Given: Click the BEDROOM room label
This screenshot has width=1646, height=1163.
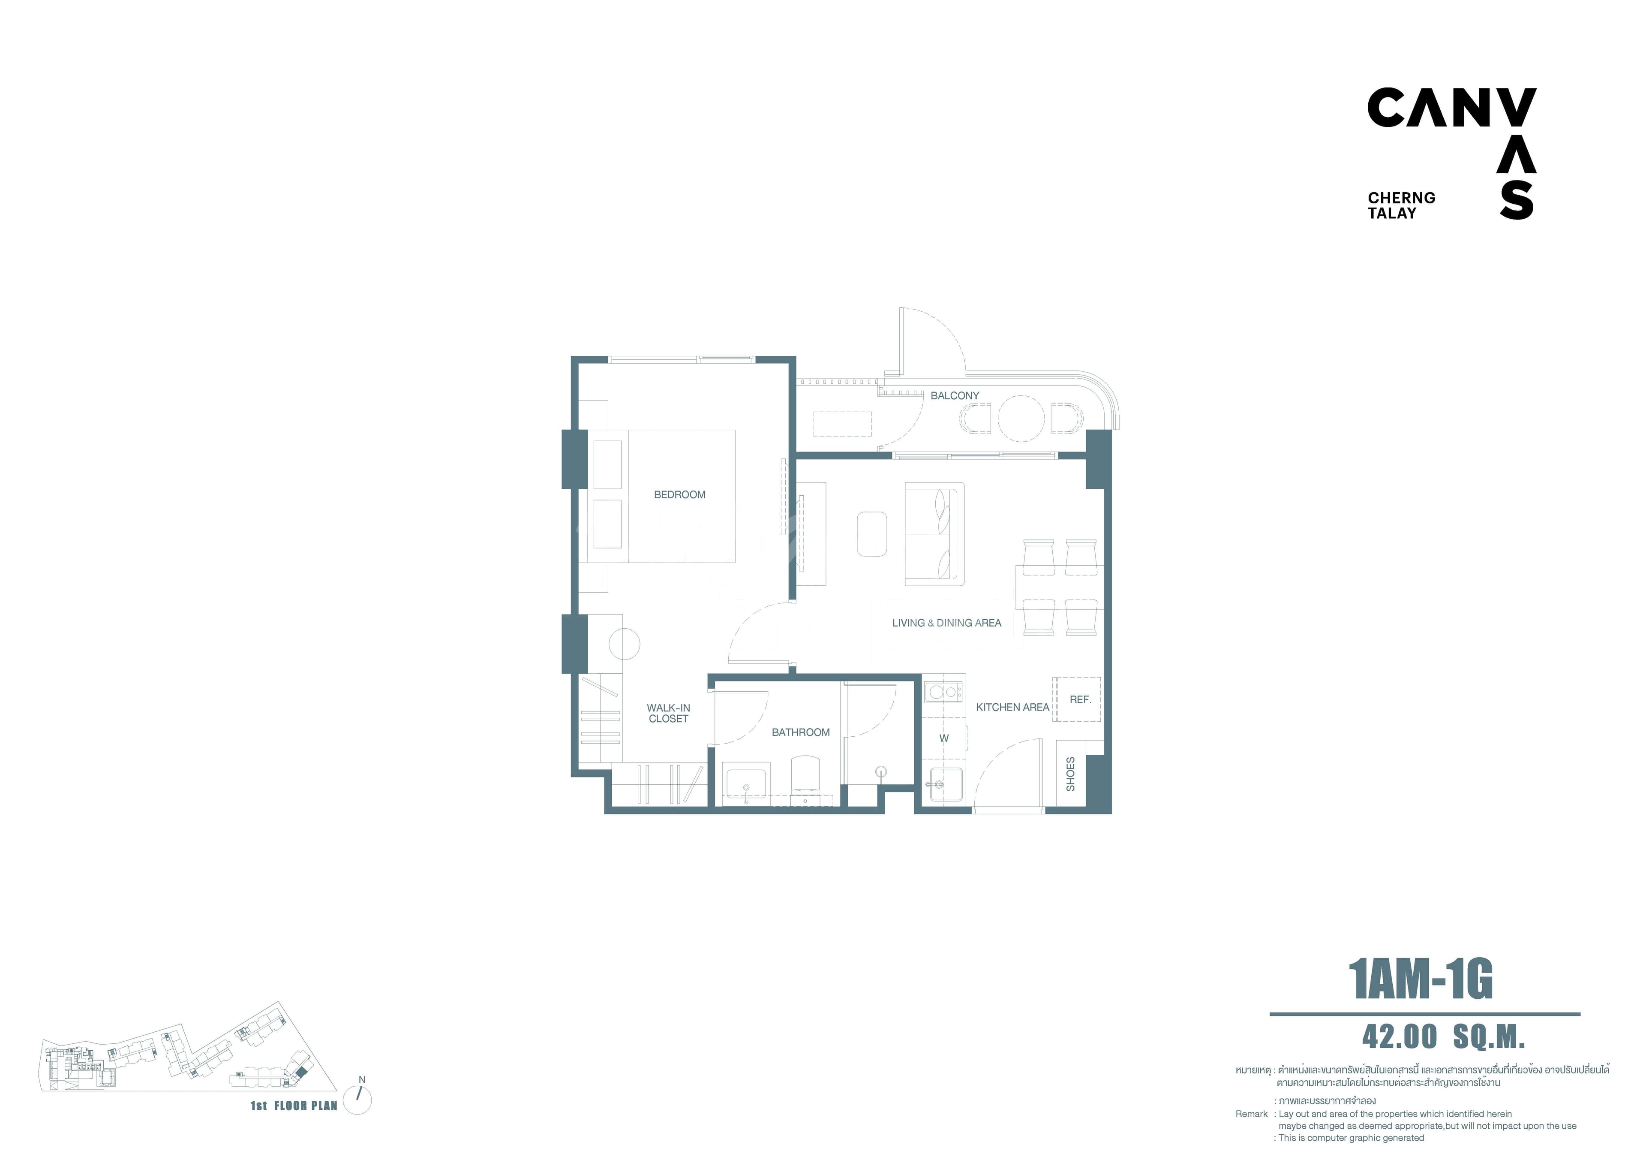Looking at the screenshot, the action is [x=680, y=495].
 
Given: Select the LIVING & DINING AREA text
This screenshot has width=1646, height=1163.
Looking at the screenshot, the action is [x=946, y=623].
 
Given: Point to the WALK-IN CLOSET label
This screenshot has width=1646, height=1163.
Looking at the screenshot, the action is [x=668, y=714].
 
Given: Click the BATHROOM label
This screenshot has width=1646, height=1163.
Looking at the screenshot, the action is [x=801, y=732].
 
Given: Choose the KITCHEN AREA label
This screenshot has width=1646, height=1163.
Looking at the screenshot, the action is [x=1012, y=707].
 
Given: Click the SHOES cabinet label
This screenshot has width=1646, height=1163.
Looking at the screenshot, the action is [x=1070, y=774].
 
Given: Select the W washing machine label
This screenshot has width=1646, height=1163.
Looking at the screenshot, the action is [x=944, y=738].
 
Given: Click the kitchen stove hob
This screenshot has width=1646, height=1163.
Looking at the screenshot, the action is [x=943, y=692].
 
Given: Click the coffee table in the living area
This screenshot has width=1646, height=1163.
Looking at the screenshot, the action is [x=872, y=533].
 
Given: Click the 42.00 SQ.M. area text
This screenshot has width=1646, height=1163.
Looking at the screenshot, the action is [x=1443, y=1037].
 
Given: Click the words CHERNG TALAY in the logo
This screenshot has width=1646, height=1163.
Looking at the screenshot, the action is [x=1401, y=205].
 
